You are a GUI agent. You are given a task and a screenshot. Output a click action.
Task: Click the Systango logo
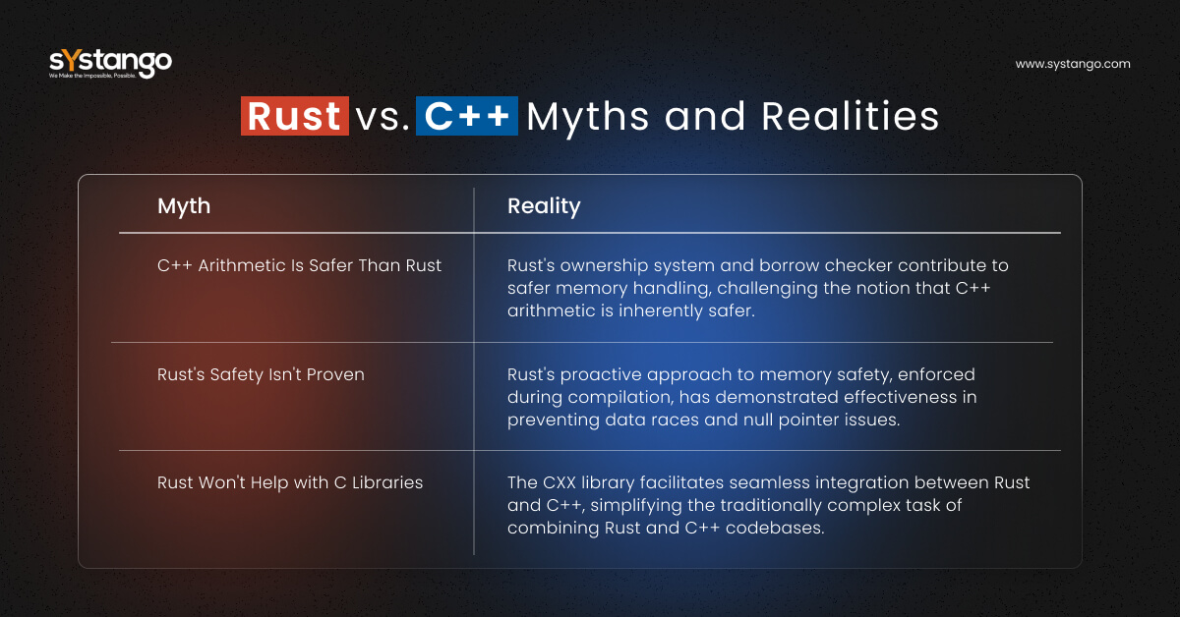pyautogui.click(x=110, y=63)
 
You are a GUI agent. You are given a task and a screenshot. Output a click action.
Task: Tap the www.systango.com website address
pyautogui.click(x=1073, y=64)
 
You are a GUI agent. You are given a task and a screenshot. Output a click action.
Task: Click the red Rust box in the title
pyautogui.click(x=294, y=116)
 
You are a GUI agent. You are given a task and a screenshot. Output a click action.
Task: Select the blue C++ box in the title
pyautogui.click(x=466, y=116)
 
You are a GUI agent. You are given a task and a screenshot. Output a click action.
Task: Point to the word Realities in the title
pyautogui.click(x=851, y=116)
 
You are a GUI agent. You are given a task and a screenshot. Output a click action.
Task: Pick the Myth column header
pyautogui.click(x=184, y=206)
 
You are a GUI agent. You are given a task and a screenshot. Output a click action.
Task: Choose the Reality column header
pyautogui.click(x=544, y=206)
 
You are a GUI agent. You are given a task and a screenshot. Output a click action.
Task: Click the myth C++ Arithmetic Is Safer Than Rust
pyautogui.click(x=300, y=265)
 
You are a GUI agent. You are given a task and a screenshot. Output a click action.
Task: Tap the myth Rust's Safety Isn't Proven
pyautogui.click(x=261, y=374)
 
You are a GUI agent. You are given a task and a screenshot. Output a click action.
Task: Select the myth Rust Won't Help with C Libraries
pyautogui.click(x=290, y=482)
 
